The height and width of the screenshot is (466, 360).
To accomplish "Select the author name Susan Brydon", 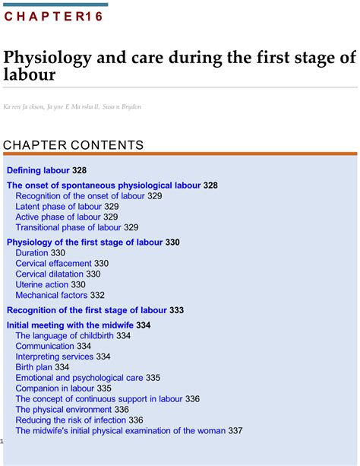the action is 122,106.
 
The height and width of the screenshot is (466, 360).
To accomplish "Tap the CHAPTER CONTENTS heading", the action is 73,145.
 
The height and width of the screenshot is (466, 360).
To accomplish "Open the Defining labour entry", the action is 38,170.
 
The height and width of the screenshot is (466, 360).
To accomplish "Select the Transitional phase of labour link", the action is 68,227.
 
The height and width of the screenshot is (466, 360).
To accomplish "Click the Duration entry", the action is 31,253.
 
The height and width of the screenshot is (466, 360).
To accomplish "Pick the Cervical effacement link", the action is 53,264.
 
